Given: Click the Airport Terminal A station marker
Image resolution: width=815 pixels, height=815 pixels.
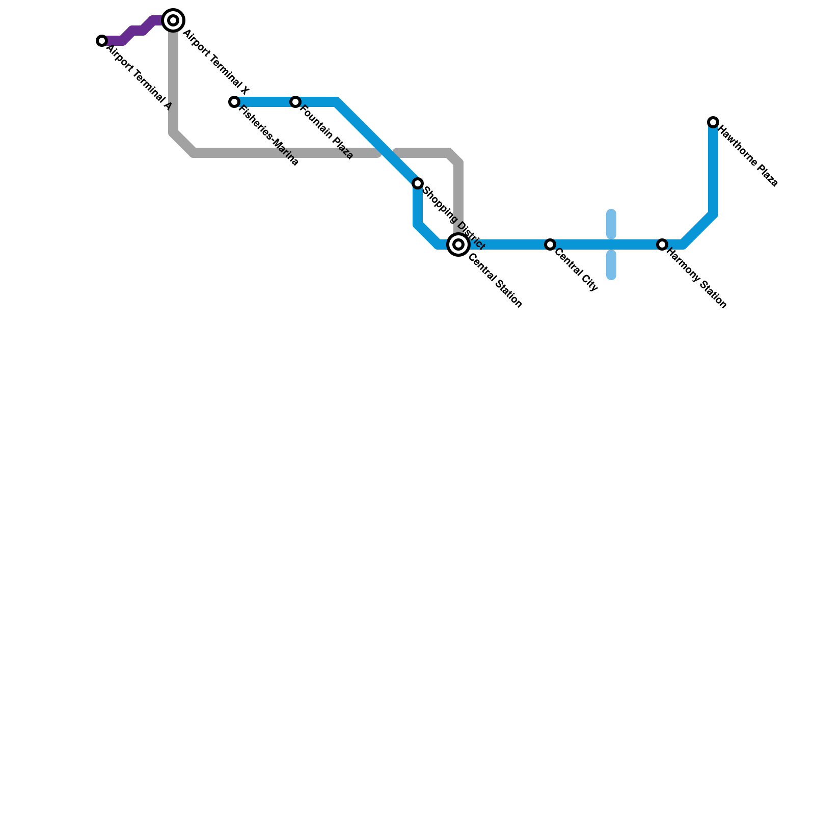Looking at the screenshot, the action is click(102, 41).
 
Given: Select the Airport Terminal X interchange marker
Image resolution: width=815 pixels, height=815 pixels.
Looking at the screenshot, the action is click(173, 20).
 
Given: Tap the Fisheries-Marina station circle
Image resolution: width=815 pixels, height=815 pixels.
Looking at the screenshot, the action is click(234, 102).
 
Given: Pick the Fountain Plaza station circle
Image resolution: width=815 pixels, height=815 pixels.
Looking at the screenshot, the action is click(295, 102).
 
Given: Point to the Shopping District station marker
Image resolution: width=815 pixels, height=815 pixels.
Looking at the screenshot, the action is click(418, 183).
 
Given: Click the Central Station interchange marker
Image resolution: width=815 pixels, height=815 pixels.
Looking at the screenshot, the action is click(458, 244).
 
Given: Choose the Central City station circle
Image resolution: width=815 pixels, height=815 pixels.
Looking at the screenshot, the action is click(550, 244).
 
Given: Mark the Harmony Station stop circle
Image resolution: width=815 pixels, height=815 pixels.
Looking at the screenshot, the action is click(662, 244).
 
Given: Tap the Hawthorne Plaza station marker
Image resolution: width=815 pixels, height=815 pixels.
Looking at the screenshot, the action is click(713, 122).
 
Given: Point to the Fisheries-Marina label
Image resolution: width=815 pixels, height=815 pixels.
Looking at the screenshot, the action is click(268, 135).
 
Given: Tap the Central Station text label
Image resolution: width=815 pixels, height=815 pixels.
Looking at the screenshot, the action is click(495, 280).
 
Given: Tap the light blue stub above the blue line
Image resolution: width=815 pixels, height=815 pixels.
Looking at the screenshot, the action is click(611, 224).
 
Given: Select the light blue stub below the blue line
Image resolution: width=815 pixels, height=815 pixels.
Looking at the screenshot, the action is click(611, 265).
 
